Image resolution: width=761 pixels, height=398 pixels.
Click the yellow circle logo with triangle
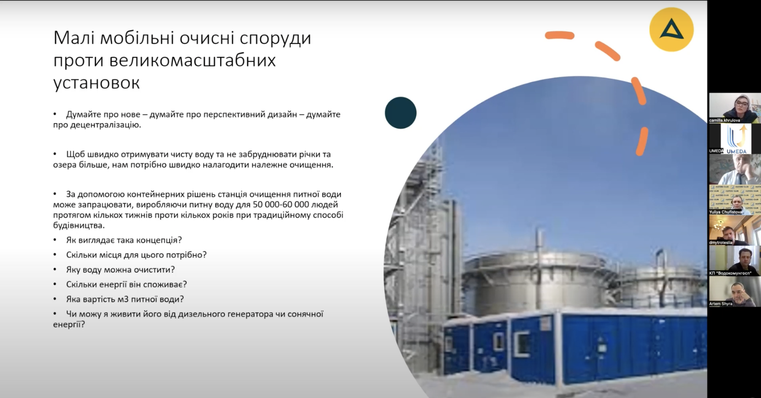click(671, 30)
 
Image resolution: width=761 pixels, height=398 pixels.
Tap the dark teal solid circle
click(401, 113)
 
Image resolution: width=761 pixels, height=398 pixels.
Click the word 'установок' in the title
click(96, 82)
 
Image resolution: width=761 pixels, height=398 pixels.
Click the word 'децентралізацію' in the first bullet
click(105, 125)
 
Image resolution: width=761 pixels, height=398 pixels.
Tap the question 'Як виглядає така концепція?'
click(124, 240)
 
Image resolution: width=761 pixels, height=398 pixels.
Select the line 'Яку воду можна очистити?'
click(120, 270)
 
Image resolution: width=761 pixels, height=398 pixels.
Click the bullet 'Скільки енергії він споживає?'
click(127, 284)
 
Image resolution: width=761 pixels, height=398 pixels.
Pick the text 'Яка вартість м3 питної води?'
click(125, 299)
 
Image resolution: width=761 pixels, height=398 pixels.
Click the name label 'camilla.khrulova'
click(724, 120)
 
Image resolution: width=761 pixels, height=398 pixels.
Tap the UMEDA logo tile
click(735, 139)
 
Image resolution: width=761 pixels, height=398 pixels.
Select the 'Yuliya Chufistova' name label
click(725, 212)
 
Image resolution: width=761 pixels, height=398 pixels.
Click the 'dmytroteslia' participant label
click(721, 243)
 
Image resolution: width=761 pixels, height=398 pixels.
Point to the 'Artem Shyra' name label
click(721, 304)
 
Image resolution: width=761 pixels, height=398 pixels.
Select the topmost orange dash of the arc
click(559, 35)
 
